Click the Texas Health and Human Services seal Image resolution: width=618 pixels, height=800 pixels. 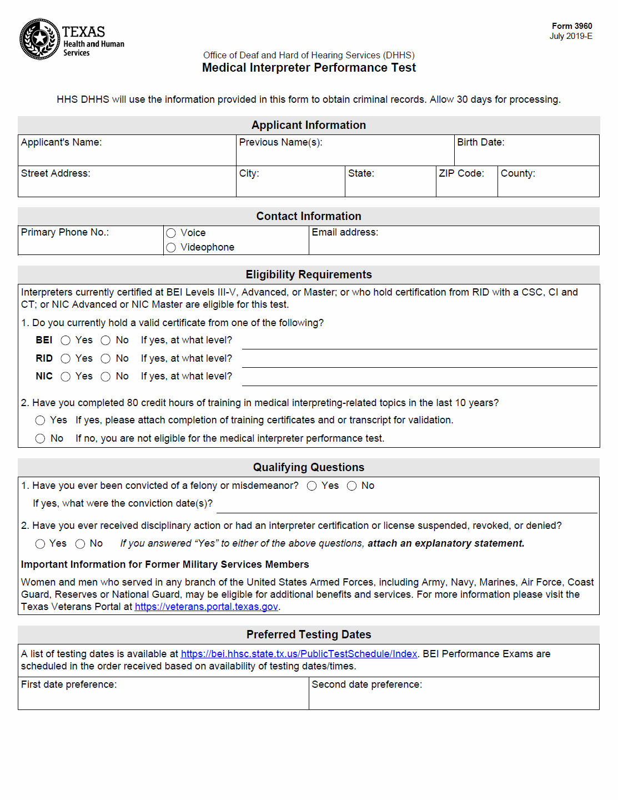[39, 39]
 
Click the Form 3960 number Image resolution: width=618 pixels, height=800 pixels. [571, 26]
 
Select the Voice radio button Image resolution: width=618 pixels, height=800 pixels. [171, 233]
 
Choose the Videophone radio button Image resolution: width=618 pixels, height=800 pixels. [171, 248]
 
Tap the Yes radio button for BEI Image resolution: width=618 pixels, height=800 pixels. [66, 341]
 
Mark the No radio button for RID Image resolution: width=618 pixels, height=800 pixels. [105, 359]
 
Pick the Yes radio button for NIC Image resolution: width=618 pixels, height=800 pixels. [66, 377]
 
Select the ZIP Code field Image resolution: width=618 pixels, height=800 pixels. [466, 186]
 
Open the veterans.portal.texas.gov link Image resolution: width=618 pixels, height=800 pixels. [206, 607]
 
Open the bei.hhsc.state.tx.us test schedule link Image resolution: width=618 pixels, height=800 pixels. [299, 654]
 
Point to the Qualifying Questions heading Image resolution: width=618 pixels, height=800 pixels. [309, 467]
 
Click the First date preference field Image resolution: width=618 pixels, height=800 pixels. [163, 698]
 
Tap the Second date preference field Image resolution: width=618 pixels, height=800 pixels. [454, 698]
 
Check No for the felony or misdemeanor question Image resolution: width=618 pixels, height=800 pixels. [351, 486]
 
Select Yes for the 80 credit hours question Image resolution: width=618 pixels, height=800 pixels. [40, 421]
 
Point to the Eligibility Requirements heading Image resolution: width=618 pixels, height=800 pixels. [309, 274]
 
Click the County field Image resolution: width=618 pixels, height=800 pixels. [548, 186]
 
